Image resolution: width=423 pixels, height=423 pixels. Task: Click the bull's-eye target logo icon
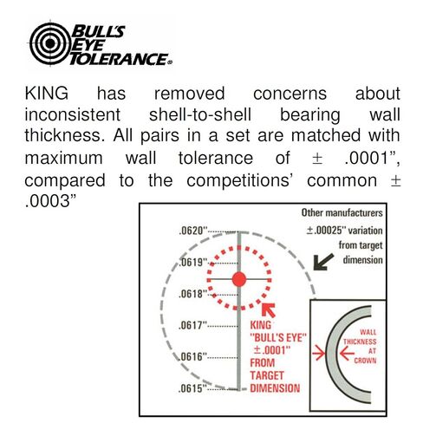click(x=50, y=43)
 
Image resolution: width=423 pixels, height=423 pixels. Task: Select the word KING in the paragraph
click(x=47, y=94)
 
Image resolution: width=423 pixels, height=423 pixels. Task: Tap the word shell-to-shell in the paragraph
click(x=200, y=114)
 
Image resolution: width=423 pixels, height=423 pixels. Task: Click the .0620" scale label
click(x=193, y=231)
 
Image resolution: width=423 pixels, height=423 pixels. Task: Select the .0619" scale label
click(x=193, y=263)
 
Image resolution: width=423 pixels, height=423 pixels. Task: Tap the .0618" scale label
click(x=193, y=294)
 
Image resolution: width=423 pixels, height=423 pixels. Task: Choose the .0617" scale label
click(x=193, y=326)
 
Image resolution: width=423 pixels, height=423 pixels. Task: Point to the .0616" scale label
click(x=193, y=357)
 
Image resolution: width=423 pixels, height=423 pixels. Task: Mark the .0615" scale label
click(x=193, y=388)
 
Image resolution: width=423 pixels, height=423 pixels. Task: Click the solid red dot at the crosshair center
click(x=239, y=279)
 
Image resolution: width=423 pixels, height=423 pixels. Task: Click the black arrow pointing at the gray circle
click(x=323, y=263)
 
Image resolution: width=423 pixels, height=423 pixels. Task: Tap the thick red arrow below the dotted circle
click(x=269, y=309)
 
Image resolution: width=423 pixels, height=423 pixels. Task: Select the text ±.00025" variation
click(x=344, y=231)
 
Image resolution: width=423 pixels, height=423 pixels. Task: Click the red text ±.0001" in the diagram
click(x=271, y=350)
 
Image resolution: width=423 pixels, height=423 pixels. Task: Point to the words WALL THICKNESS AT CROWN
click(x=361, y=347)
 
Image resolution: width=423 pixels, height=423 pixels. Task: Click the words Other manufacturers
click(x=342, y=212)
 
